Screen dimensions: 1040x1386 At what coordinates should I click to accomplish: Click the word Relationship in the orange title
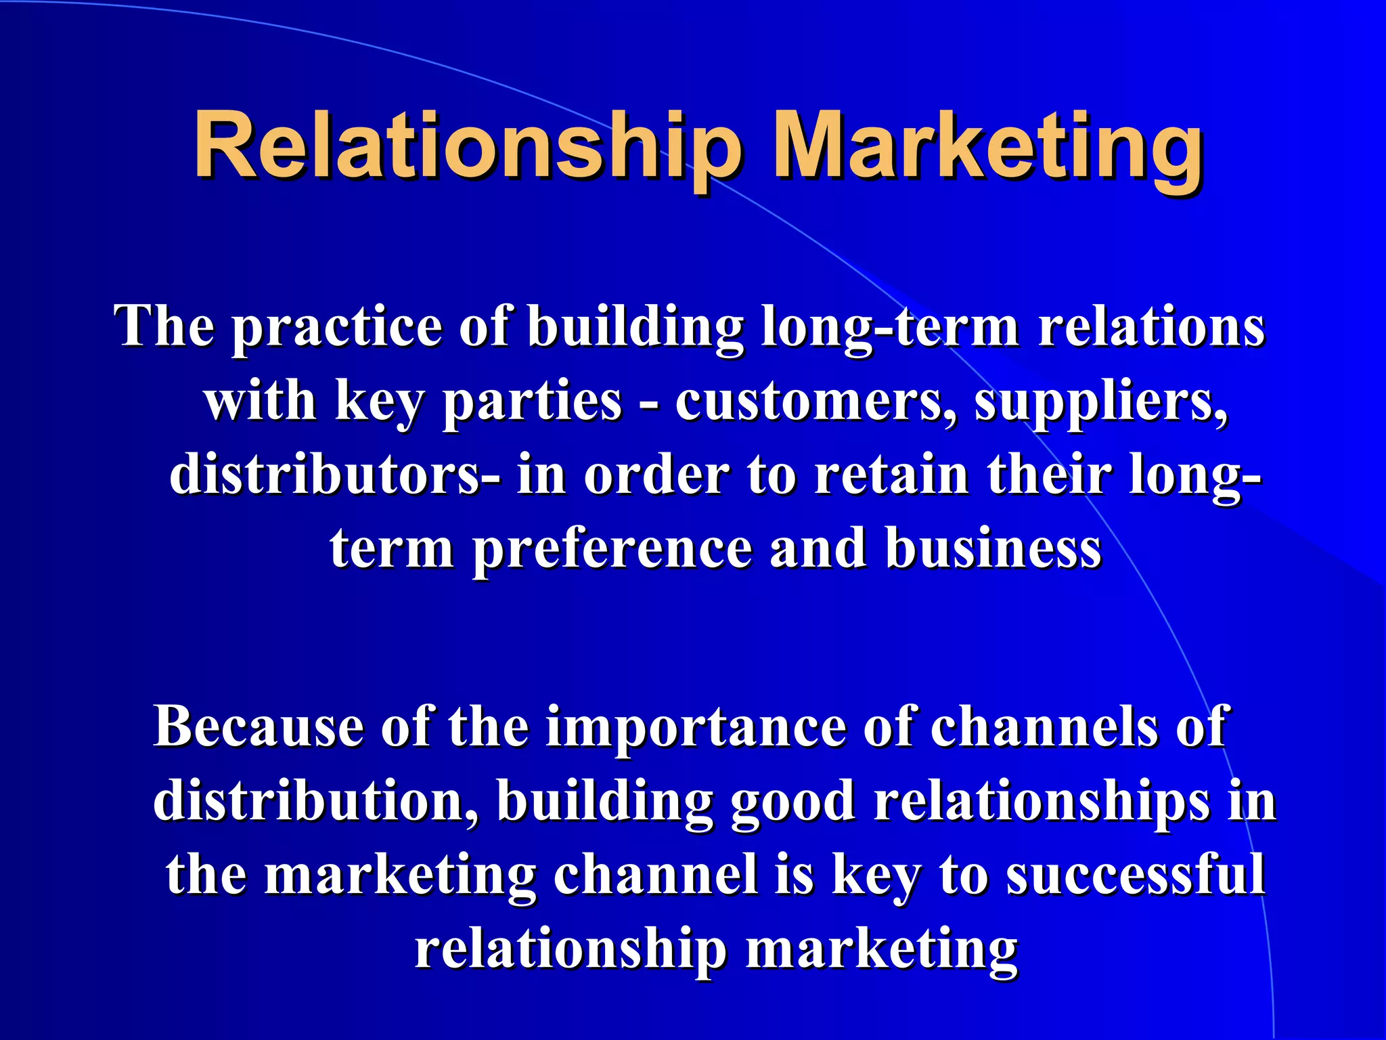pos(467,146)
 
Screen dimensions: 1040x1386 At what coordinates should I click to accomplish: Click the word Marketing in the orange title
pos(987,146)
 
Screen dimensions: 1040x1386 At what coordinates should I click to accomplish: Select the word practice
pos(336,326)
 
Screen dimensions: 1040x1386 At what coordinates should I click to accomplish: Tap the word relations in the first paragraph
pos(1150,326)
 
